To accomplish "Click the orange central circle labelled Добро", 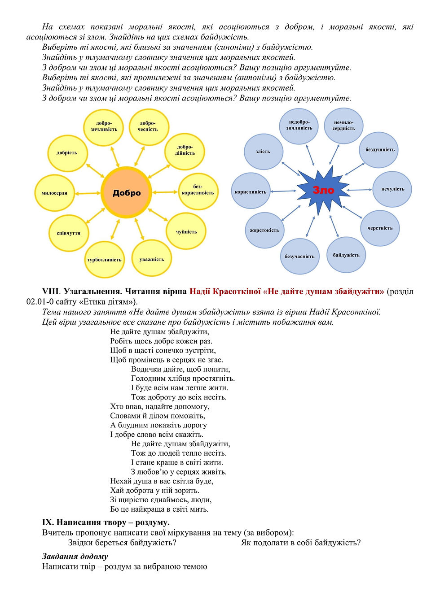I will (126, 192).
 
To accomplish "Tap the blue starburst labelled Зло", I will (323, 190).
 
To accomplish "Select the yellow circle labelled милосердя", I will (55, 193).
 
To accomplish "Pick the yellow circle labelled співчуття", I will (68, 233).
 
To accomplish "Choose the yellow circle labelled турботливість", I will (104, 259).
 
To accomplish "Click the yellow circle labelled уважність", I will (152, 259).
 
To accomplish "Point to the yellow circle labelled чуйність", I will (186, 231).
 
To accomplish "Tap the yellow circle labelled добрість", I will (67, 152).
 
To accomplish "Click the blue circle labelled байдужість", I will (346, 255).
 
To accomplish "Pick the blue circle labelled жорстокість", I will (264, 230).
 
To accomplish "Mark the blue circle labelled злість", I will (263, 152).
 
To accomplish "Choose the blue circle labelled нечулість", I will (392, 189).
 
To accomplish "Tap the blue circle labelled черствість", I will (380, 228).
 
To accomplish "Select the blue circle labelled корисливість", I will (251, 191).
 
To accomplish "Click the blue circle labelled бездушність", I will (379, 149).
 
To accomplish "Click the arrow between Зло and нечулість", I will (359, 190).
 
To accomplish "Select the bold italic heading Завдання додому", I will (75, 556).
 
